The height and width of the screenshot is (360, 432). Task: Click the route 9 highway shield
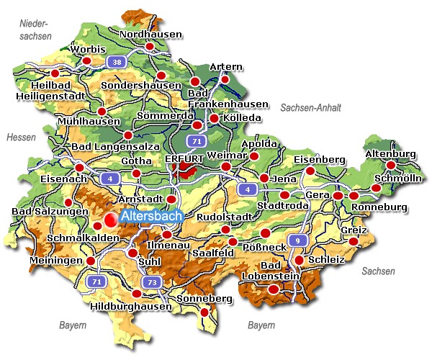[x=295, y=240]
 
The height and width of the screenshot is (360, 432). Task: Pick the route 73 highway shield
[x=150, y=282]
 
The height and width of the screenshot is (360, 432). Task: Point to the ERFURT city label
[x=185, y=158]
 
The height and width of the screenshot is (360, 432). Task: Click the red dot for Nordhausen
[x=150, y=47]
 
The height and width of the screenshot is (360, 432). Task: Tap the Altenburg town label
[x=391, y=154]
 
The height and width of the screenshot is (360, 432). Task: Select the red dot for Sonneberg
[x=204, y=312]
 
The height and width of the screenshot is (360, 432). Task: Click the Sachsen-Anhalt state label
[x=310, y=107]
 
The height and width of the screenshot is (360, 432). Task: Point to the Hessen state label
[x=20, y=137]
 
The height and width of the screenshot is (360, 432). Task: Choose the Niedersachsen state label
[x=36, y=30]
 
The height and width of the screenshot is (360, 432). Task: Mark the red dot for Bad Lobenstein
[x=273, y=289]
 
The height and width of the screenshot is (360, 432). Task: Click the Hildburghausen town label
[x=132, y=306]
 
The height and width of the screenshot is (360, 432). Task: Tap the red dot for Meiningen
[x=91, y=261]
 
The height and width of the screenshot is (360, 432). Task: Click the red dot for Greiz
[x=354, y=240]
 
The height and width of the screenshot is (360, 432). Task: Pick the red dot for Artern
[x=225, y=79]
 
